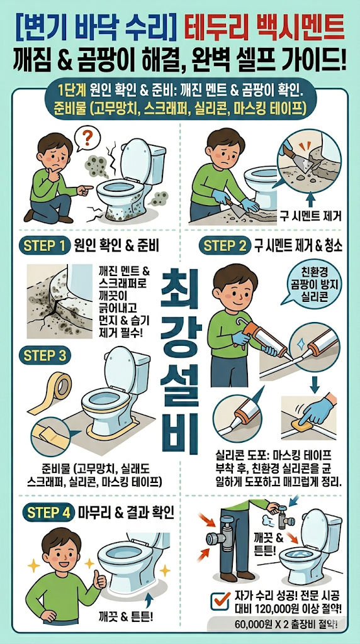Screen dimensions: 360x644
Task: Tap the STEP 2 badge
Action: (x=225, y=246)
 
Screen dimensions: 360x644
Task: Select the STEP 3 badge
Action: (x=45, y=356)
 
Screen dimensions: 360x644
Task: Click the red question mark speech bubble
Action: (x=87, y=138)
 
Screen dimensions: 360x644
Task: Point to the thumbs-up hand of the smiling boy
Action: (x=100, y=579)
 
